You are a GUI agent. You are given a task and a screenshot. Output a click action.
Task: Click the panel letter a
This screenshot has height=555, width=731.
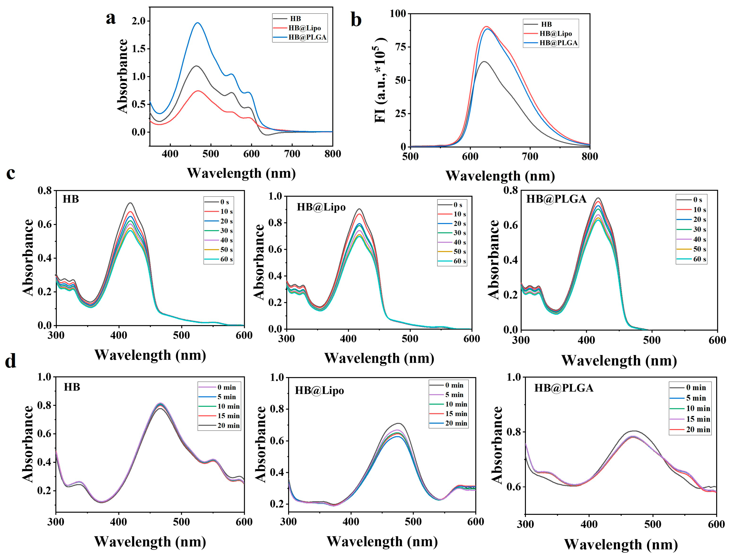[x=111, y=18]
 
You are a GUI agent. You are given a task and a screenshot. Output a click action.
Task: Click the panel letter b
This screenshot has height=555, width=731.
[x=356, y=20]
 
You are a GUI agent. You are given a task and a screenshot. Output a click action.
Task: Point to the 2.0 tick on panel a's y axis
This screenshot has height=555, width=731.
[x=138, y=21]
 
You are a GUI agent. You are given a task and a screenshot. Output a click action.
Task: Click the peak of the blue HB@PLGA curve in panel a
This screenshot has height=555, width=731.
[x=198, y=23]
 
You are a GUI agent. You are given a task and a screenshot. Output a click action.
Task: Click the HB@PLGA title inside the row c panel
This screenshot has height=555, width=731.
[x=556, y=199]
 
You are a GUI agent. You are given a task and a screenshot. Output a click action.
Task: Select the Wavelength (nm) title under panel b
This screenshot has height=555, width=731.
[x=500, y=176]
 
